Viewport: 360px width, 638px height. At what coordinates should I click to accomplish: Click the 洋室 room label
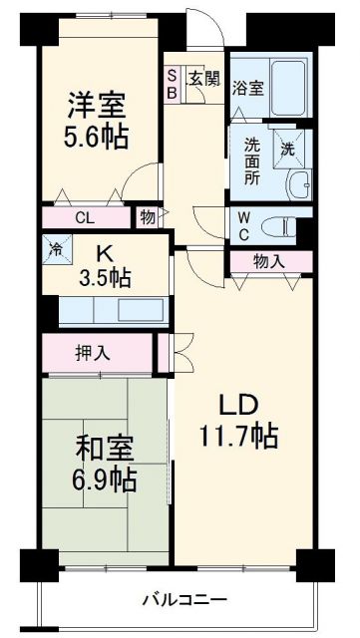[x=98, y=103]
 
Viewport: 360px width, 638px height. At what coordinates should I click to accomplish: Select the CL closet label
[x=85, y=218]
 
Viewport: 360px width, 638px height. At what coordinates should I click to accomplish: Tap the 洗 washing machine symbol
[x=287, y=150]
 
